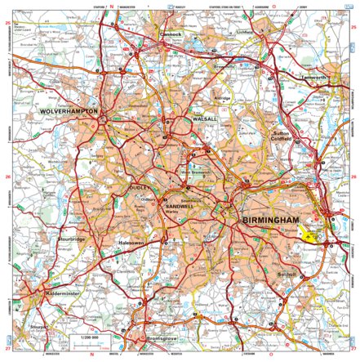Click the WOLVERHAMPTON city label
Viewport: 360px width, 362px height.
tap(69, 110)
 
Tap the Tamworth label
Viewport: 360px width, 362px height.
tap(333, 78)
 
